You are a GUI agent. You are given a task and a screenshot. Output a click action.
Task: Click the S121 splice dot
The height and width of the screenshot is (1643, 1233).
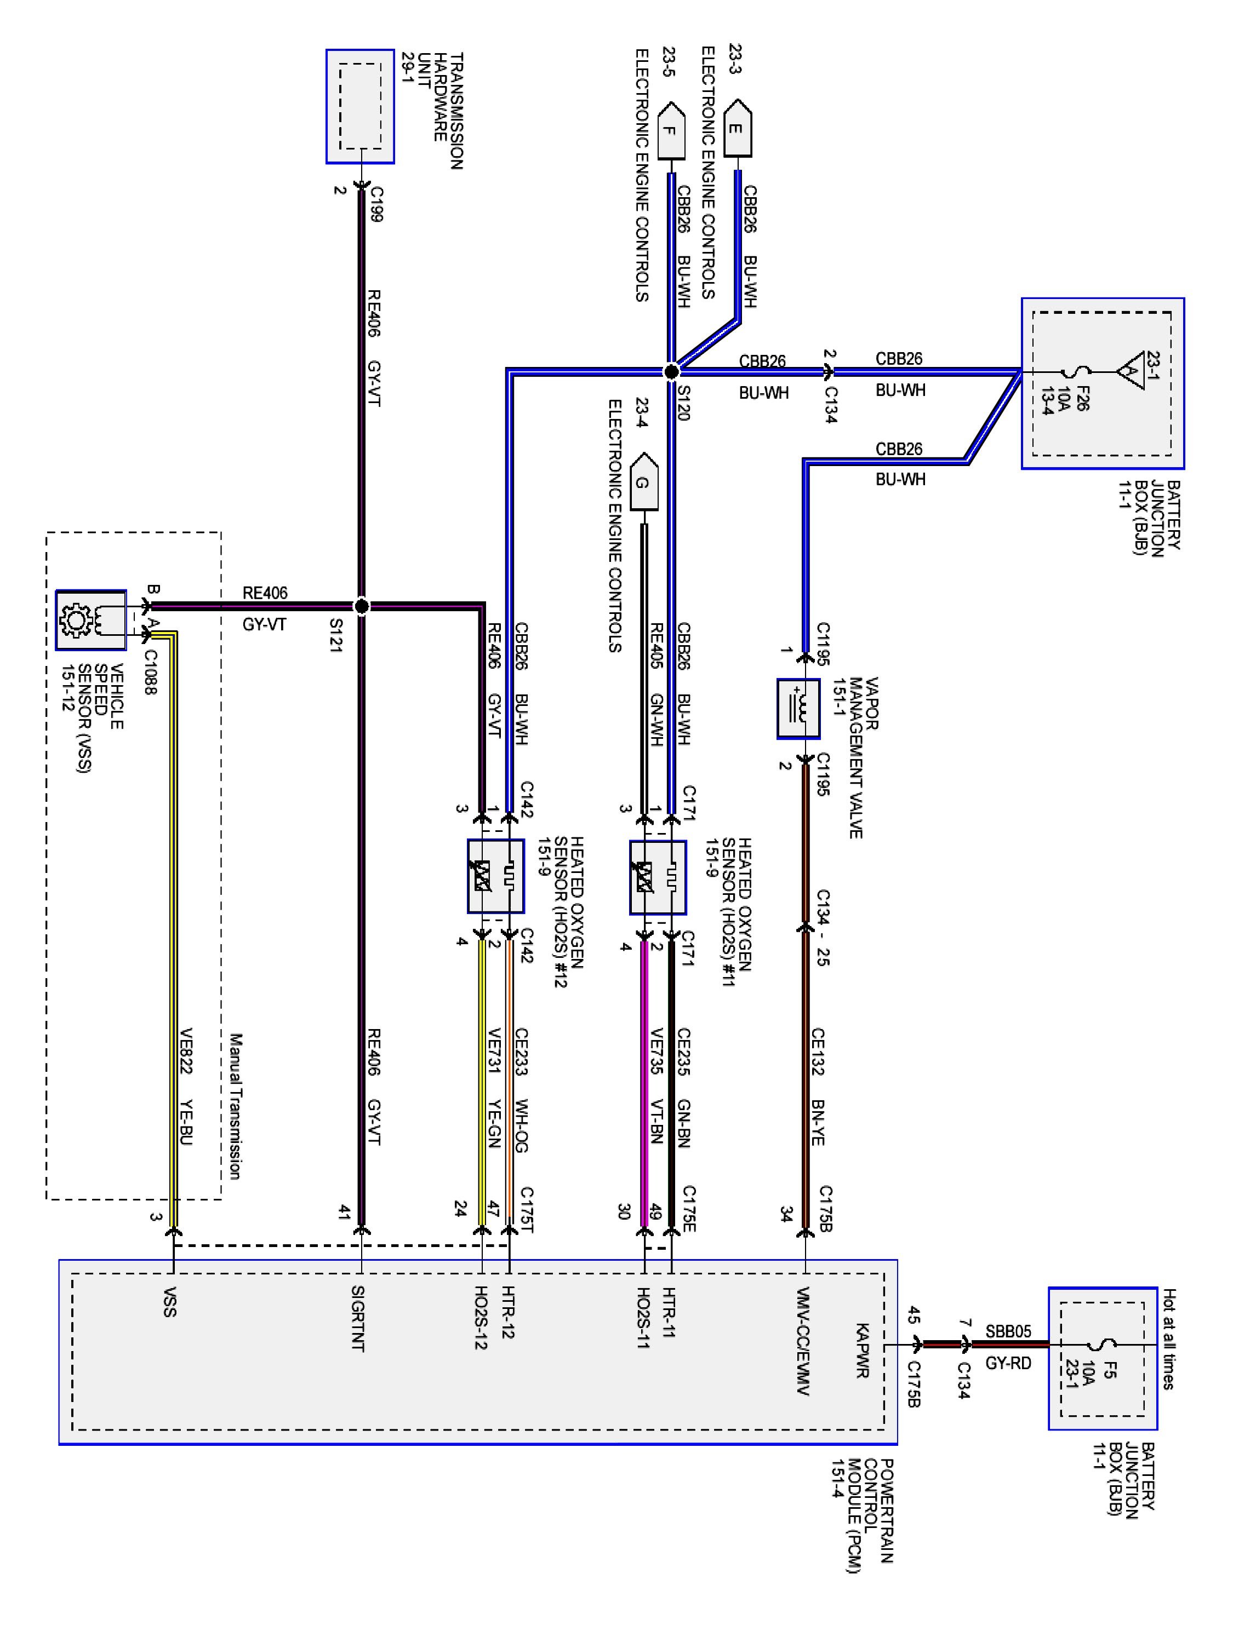(x=361, y=607)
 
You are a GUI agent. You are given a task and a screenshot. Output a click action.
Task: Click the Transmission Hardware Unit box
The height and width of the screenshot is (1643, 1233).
(x=359, y=106)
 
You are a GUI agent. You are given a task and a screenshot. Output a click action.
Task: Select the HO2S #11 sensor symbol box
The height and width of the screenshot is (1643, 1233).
(x=658, y=877)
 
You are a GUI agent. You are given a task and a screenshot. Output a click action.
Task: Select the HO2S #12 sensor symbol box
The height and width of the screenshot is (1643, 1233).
(x=496, y=876)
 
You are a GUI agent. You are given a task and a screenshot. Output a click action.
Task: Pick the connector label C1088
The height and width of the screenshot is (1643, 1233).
(x=150, y=672)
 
